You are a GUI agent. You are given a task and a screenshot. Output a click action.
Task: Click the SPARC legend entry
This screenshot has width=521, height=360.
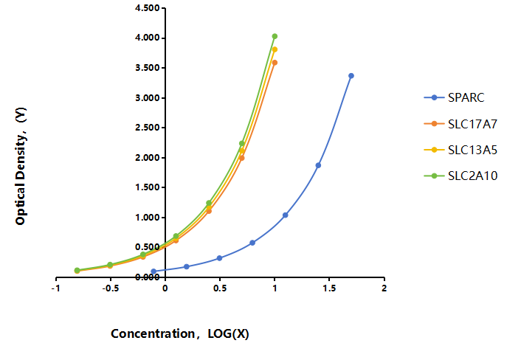(x=454, y=97)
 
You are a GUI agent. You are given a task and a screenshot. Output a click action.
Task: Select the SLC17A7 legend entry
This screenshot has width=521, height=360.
(x=460, y=124)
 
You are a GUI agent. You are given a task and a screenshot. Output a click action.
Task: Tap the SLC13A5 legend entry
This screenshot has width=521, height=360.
(x=460, y=150)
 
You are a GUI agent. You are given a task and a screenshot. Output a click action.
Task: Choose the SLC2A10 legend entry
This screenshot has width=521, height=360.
(x=460, y=176)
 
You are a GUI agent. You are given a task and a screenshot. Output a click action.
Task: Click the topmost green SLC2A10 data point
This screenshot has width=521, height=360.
(x=275, y=36)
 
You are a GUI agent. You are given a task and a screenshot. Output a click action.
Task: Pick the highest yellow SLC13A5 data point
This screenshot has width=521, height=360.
(x=275, y=49)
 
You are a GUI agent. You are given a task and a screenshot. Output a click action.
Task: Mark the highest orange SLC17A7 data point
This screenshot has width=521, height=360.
(x=275, y=63)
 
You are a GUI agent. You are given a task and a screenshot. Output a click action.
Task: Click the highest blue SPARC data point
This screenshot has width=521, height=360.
(x=351, y=76)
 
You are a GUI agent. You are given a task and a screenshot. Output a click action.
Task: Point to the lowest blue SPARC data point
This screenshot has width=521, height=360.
(x=153, y=271)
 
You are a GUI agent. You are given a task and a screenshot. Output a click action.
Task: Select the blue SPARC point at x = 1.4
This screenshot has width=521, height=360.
(x=318, y=165)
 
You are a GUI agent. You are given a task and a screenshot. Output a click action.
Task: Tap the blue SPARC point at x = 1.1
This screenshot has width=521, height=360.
(x=286, y=215)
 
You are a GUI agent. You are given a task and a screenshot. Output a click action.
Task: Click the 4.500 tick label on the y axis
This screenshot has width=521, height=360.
(x=148, y=8)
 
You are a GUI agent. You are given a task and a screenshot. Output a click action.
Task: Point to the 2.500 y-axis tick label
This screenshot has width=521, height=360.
(x=148, y=128)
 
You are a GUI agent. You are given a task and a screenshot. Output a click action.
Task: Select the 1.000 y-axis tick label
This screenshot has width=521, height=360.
(x=148, y=217)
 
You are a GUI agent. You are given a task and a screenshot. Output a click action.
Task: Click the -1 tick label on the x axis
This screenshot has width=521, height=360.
(x=55, y=288)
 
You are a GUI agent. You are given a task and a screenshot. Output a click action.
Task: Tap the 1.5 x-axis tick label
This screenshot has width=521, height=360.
(x=329, y=288)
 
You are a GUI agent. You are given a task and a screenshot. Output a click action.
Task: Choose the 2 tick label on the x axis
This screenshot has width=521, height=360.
(x=384, y=288)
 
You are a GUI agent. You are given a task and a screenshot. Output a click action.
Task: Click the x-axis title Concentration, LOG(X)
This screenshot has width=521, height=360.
(x=180, y=333)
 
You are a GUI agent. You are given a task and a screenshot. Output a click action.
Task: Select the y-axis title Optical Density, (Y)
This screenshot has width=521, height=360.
(x=21, y=166)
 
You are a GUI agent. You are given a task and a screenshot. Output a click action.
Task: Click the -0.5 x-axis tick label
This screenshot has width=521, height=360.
(x=110, y=288)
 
